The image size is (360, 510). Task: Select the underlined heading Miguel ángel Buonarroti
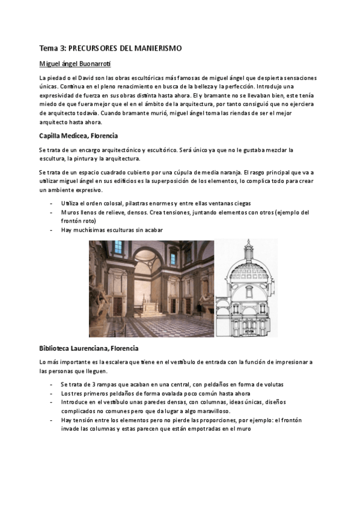tap(75, 64)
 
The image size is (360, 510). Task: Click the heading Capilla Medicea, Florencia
tap(78, 135)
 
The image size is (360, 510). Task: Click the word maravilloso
tap(212, 412)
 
